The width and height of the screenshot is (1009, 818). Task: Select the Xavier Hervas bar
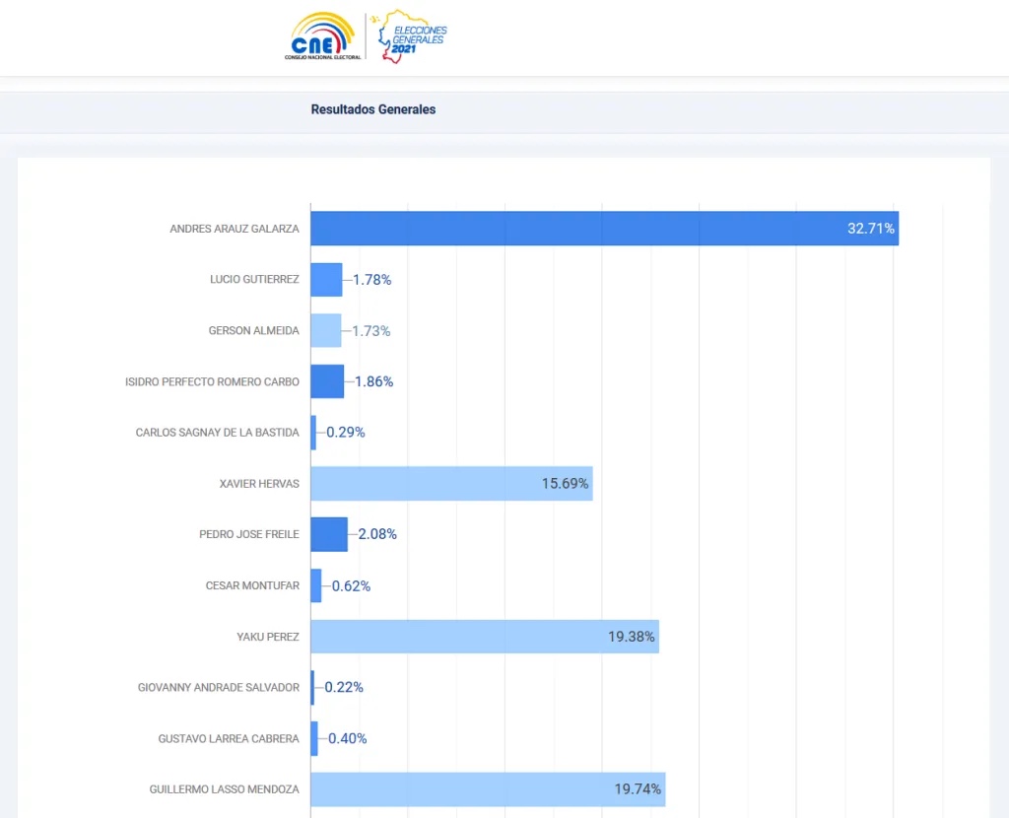[x=450, y=484]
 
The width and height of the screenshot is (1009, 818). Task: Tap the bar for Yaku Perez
[x=484, y=637]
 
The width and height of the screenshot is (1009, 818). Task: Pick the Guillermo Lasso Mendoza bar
[x=487, y=789]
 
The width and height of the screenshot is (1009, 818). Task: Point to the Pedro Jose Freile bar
[x=329, y=534]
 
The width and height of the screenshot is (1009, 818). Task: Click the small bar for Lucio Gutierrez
[x=326, y=280]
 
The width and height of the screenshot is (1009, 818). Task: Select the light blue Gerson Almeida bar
[x=326, y=331]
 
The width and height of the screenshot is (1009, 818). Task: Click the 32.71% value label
[x=870, y=229]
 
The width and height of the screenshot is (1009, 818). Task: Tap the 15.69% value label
[x=565, y=484]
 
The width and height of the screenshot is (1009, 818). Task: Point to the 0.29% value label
[x=345, y=433]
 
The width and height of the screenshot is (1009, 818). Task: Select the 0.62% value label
[x=351, y=586]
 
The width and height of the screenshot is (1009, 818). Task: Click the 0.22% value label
[x=344, y=688]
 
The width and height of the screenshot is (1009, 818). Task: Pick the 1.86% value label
[x=373, y=381]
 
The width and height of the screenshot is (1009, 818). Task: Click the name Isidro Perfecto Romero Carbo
[x=212, y=382]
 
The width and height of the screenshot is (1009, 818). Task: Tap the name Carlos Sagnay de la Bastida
[x=217, y=433]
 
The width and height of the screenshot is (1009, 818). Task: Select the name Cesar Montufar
[x=252, y=586]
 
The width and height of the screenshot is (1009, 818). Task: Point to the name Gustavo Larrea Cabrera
[x=228, y=739]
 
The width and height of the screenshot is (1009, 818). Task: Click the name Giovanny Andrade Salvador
[x=218, y=688]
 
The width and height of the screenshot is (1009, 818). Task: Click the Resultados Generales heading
[x=372, y=109]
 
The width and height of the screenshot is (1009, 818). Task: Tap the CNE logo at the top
[x=322, y=36]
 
